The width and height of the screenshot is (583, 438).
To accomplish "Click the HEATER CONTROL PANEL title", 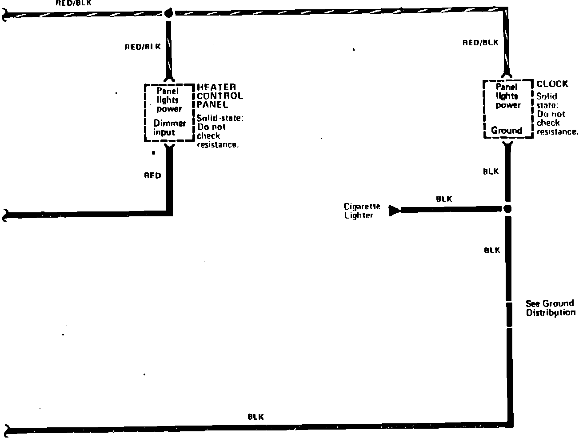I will (220, 96).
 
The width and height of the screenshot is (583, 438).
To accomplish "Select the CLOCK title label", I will (552, 84).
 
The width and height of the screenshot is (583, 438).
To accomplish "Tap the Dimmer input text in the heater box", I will (169, 127).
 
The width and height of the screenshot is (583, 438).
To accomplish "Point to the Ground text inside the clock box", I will (507, 131).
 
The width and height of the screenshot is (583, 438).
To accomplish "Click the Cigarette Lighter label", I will (362, 211).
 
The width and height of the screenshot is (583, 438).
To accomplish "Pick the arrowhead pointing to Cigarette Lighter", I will (394, 210).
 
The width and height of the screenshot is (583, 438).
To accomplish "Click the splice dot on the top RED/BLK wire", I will (168, 13).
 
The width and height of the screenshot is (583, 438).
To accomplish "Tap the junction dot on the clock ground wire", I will (508, 209).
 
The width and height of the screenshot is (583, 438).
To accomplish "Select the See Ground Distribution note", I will (550, 308).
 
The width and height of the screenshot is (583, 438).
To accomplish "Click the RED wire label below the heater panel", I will (152, 176).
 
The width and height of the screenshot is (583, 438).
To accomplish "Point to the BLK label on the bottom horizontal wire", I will (256, 417).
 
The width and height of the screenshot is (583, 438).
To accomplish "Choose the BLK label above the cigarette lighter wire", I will (444, 199).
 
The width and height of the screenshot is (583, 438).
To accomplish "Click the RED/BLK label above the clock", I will (480, 43).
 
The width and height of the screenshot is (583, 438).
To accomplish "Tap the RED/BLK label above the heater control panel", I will (143, 46).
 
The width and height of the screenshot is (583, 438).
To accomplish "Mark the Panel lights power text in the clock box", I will (508, 96).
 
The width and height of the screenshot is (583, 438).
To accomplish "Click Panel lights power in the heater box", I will (169, 100).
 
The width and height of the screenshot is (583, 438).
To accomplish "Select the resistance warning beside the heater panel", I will (220, 131).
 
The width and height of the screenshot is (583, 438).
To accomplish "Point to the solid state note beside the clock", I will (557, 114).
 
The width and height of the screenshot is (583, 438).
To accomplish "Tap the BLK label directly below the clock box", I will (491, 171).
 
